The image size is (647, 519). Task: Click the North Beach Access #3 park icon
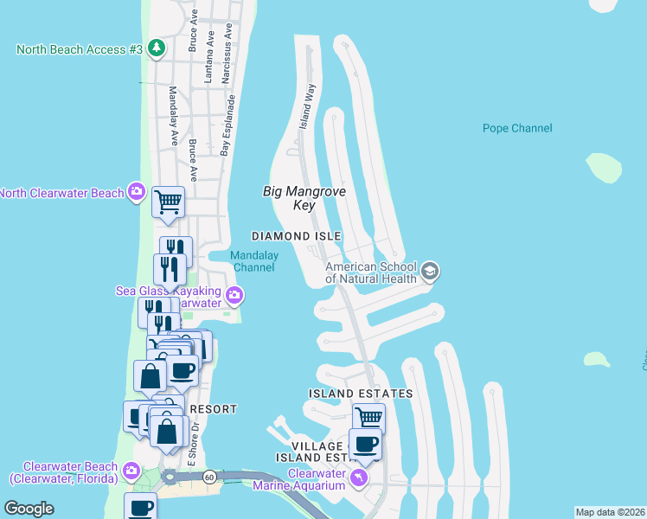click(x=156, y=48)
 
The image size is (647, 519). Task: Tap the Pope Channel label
click(x=517, y=129)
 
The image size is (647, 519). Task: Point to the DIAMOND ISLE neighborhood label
click(x=297, y=236)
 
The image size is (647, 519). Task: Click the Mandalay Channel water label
click(x=253, y=261)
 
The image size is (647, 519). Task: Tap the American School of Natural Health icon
click(x=430, y=272)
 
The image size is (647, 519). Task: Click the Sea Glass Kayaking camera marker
click(x=234, y=298)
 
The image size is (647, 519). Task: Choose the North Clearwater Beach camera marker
click(x=136, y=192)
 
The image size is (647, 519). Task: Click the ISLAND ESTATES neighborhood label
click(x=361, y=394)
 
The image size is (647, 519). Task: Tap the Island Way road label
click(x=308, y=106)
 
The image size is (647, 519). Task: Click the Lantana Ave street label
click(x=208, y=62)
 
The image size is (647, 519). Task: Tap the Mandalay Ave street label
click(x=173, y=114)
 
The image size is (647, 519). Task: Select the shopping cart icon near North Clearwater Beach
click(x=168, y=202)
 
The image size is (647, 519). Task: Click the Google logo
click(x=29, y=509)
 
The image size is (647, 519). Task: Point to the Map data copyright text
click(x=610, y=512)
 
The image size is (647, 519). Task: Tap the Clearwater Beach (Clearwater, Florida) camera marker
click(x=131, y=471)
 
